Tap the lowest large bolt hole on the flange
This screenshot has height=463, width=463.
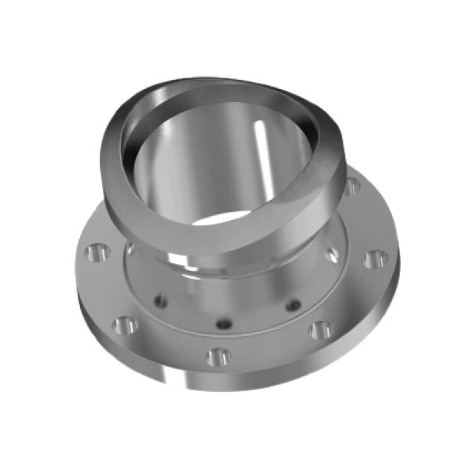tap(217, 357)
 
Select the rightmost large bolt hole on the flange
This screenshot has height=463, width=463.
tap(374, 260)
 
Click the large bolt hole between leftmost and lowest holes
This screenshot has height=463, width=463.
tap(124, 324)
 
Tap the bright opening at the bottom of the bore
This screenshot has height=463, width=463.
tap(222, 219)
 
